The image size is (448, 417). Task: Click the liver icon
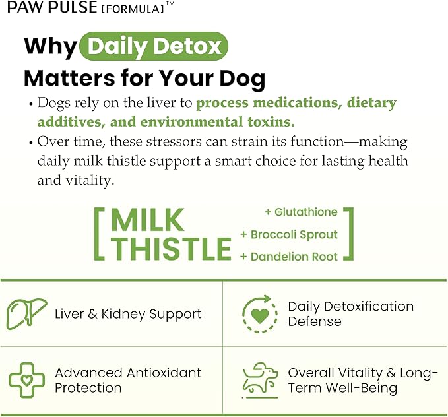[x=26, y=313]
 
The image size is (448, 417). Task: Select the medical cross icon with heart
[x=27, y=380]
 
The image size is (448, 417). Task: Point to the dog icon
[x=260, y=379]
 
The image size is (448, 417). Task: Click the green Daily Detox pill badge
[x=154, y=46]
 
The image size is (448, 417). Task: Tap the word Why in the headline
[x=51, y=47]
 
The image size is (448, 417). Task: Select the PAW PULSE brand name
[x=52, y=7]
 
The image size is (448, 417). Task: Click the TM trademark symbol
[x=170, y=3]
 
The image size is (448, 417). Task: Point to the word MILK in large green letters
[x=147, y=220]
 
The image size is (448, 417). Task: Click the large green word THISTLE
[x=171, y=248]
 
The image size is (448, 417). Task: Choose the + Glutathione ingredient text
[x=301, y=212]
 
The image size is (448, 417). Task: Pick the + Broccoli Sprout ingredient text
[x=289, y=234]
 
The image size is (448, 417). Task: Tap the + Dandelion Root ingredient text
[x=289, y=257]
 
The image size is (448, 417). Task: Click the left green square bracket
[x=99, y=234]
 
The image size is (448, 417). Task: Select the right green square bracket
[x=348, y=234]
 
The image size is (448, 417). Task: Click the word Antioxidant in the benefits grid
[x=164, y=373]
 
